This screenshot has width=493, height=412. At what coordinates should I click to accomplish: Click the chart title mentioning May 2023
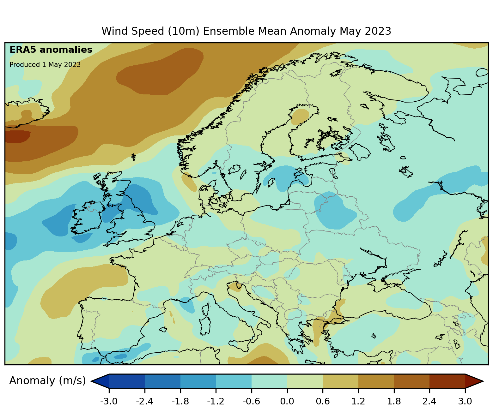pyautogui.click(x=246, y=31)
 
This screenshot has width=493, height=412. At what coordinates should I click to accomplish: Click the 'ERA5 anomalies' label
pyautogui.click(x=51, y=50)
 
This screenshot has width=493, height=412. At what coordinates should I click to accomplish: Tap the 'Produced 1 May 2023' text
pyautogui.click(x=45, y=65)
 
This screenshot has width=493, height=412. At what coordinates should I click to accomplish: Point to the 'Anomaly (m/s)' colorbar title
pyautogui.click(x=47, y=381)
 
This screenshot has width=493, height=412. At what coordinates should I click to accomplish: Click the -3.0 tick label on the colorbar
pyautogui.click(x=109, y=402)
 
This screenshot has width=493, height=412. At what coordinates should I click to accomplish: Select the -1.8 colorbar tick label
pyautogui.click(x=180, y=402)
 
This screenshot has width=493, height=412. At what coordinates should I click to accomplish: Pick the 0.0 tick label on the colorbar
pyautogui.click(x=287, y=402)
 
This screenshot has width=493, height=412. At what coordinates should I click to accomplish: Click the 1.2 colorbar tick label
pyautogui.click(x=358, y=402)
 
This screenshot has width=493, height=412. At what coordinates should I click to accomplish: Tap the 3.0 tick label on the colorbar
pyautogui.click(x=465, y=402)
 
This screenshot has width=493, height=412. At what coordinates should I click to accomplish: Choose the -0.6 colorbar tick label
pyautogui.click(x=251, y=402)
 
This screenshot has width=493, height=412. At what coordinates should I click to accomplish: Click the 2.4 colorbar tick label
pyautogui.click(x=429, y=402)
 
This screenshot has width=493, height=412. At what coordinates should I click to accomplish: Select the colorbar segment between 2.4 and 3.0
pyautogui.click(x=447, y=381)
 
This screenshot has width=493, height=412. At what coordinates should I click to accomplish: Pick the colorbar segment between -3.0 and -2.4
pyautogui.click(x=127, y=381)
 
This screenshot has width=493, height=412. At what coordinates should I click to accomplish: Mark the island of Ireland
pyautogui.click(x=87, y=218)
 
